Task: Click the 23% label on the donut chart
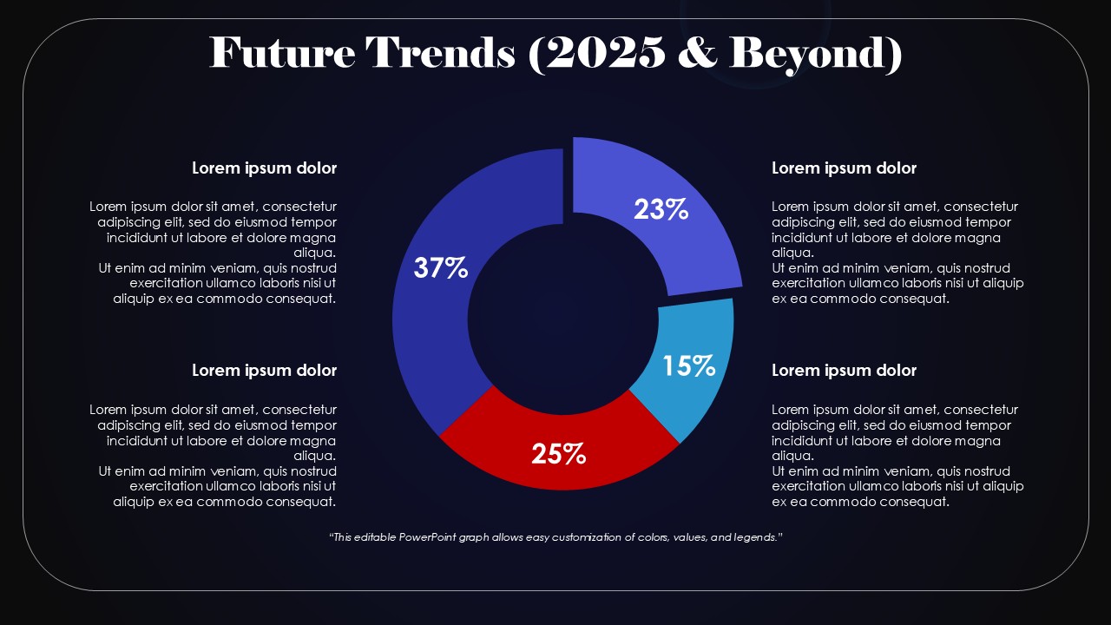(x=661, y=209)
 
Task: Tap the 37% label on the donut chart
(x=441, y=268)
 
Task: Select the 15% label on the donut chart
(x=688, y=366)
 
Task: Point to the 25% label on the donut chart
(x=558, y=453)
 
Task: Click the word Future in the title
(x=282, y=53)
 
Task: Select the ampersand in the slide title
(x=698, y=53)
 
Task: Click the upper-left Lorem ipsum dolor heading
(x=264, y=168)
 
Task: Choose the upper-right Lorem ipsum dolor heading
(x=844, y=168)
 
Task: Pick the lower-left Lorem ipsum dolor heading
(x=264, y=371)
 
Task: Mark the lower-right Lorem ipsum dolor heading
(x=844, y=371)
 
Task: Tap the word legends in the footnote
(x=755, y=537)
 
